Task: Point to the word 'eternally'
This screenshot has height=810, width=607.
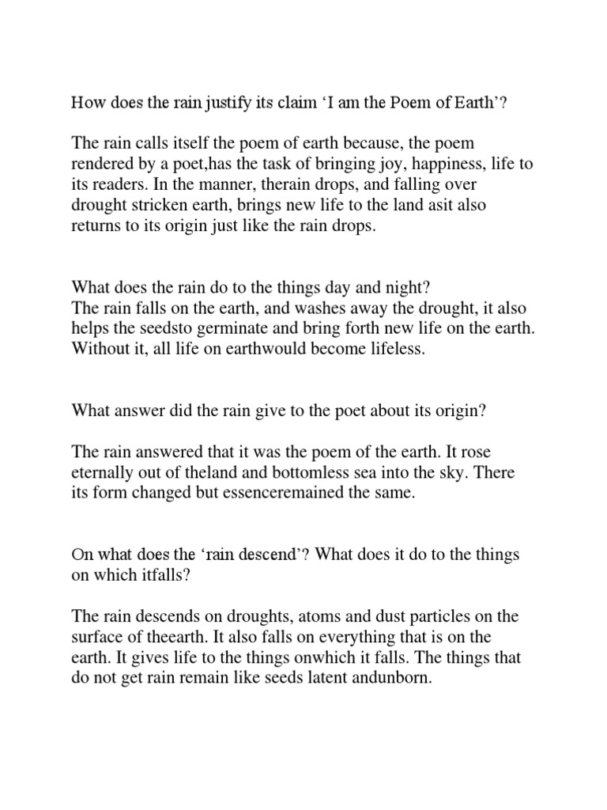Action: coord(102,473)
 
